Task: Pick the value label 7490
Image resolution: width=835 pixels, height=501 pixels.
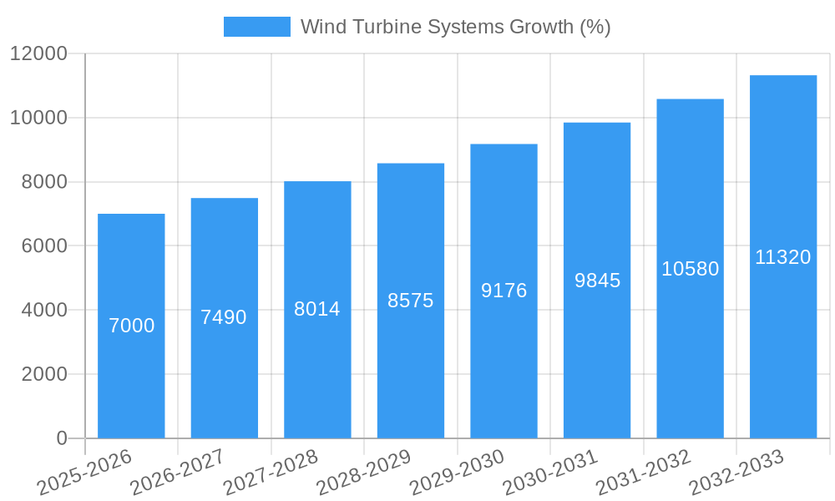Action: click(224, 317)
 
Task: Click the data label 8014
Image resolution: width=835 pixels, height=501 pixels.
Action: click(317, 309)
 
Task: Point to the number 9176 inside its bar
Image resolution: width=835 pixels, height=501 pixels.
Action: click(504, 291)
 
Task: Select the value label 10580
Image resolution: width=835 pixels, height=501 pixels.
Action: click(691, 269)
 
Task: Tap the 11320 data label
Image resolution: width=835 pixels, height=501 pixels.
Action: click(783, 257)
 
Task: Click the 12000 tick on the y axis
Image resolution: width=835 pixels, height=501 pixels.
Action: click(38, 53)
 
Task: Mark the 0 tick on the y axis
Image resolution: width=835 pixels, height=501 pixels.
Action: click(62, 438)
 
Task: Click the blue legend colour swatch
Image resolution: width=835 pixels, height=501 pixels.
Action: click(257, 27)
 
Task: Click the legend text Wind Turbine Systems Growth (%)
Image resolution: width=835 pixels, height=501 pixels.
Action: click(456, 27)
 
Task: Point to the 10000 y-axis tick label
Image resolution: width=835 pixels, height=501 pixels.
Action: click(38, 118)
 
